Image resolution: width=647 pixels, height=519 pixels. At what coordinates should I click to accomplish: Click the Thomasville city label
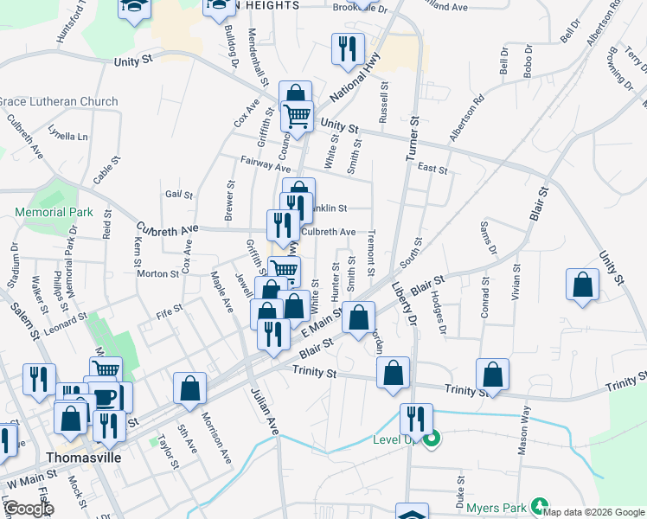pos(82,456)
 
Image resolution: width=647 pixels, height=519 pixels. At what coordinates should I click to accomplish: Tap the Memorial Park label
pos(54,212)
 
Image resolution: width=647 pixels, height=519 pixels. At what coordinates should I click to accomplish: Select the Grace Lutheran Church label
pos(58,101)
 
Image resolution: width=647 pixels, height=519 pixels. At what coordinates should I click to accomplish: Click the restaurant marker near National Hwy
pos(348,48)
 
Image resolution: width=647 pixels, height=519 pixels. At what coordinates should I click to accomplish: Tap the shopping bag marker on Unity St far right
pos(583,285)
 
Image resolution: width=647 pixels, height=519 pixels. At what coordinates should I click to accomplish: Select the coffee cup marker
pos(105,399)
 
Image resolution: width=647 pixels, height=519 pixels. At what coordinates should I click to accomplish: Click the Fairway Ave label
pos(266,163)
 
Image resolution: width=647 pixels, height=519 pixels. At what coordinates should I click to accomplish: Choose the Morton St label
pos(157,273)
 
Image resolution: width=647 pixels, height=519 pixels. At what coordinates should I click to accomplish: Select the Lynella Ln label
pos(68,137)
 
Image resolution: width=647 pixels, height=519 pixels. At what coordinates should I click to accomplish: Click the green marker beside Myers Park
pos(540,504)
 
